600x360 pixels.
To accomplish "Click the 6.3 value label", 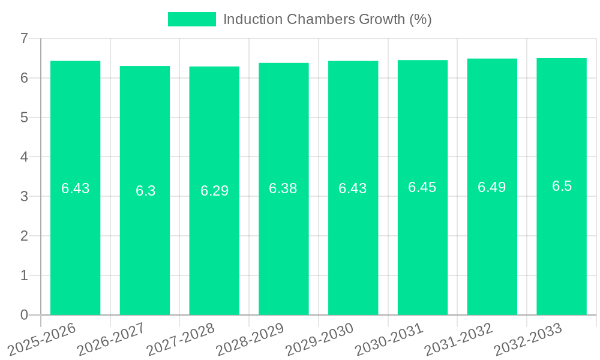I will point(145,191).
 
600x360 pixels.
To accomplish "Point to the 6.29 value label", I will point(214,191).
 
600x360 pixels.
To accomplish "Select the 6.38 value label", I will point(283,188).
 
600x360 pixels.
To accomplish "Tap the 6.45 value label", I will point(422,187).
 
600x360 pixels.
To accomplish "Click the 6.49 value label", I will point(492,187).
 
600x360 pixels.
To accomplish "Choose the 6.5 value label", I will point(562,186).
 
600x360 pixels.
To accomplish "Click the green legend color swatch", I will point(191,19).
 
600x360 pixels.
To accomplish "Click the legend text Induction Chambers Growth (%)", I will point(328,19).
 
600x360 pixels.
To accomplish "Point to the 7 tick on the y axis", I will point(24,38).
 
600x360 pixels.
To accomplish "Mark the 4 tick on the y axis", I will point(24,157).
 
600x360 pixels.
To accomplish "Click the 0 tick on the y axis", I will point(24,315).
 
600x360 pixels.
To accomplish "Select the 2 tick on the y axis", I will point(24,236).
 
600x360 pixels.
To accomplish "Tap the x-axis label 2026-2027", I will point(112,338).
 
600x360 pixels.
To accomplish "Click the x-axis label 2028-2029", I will point(250,338).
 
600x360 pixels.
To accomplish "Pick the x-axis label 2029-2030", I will point(320,338).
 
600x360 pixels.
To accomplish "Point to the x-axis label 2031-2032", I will point(459,338).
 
